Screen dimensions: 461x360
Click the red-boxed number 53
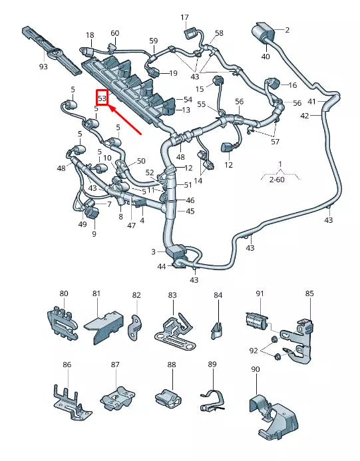102,97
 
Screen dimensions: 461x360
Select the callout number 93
43,67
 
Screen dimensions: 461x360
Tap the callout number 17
184,17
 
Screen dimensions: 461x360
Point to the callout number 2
287,30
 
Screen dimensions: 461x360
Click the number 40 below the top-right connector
265,57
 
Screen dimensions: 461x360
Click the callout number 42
305,115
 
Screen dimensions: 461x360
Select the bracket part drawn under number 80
59,322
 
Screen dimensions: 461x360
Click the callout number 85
309,293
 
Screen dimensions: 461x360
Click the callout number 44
162,267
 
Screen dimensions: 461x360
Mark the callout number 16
291,85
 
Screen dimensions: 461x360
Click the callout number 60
114,33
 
